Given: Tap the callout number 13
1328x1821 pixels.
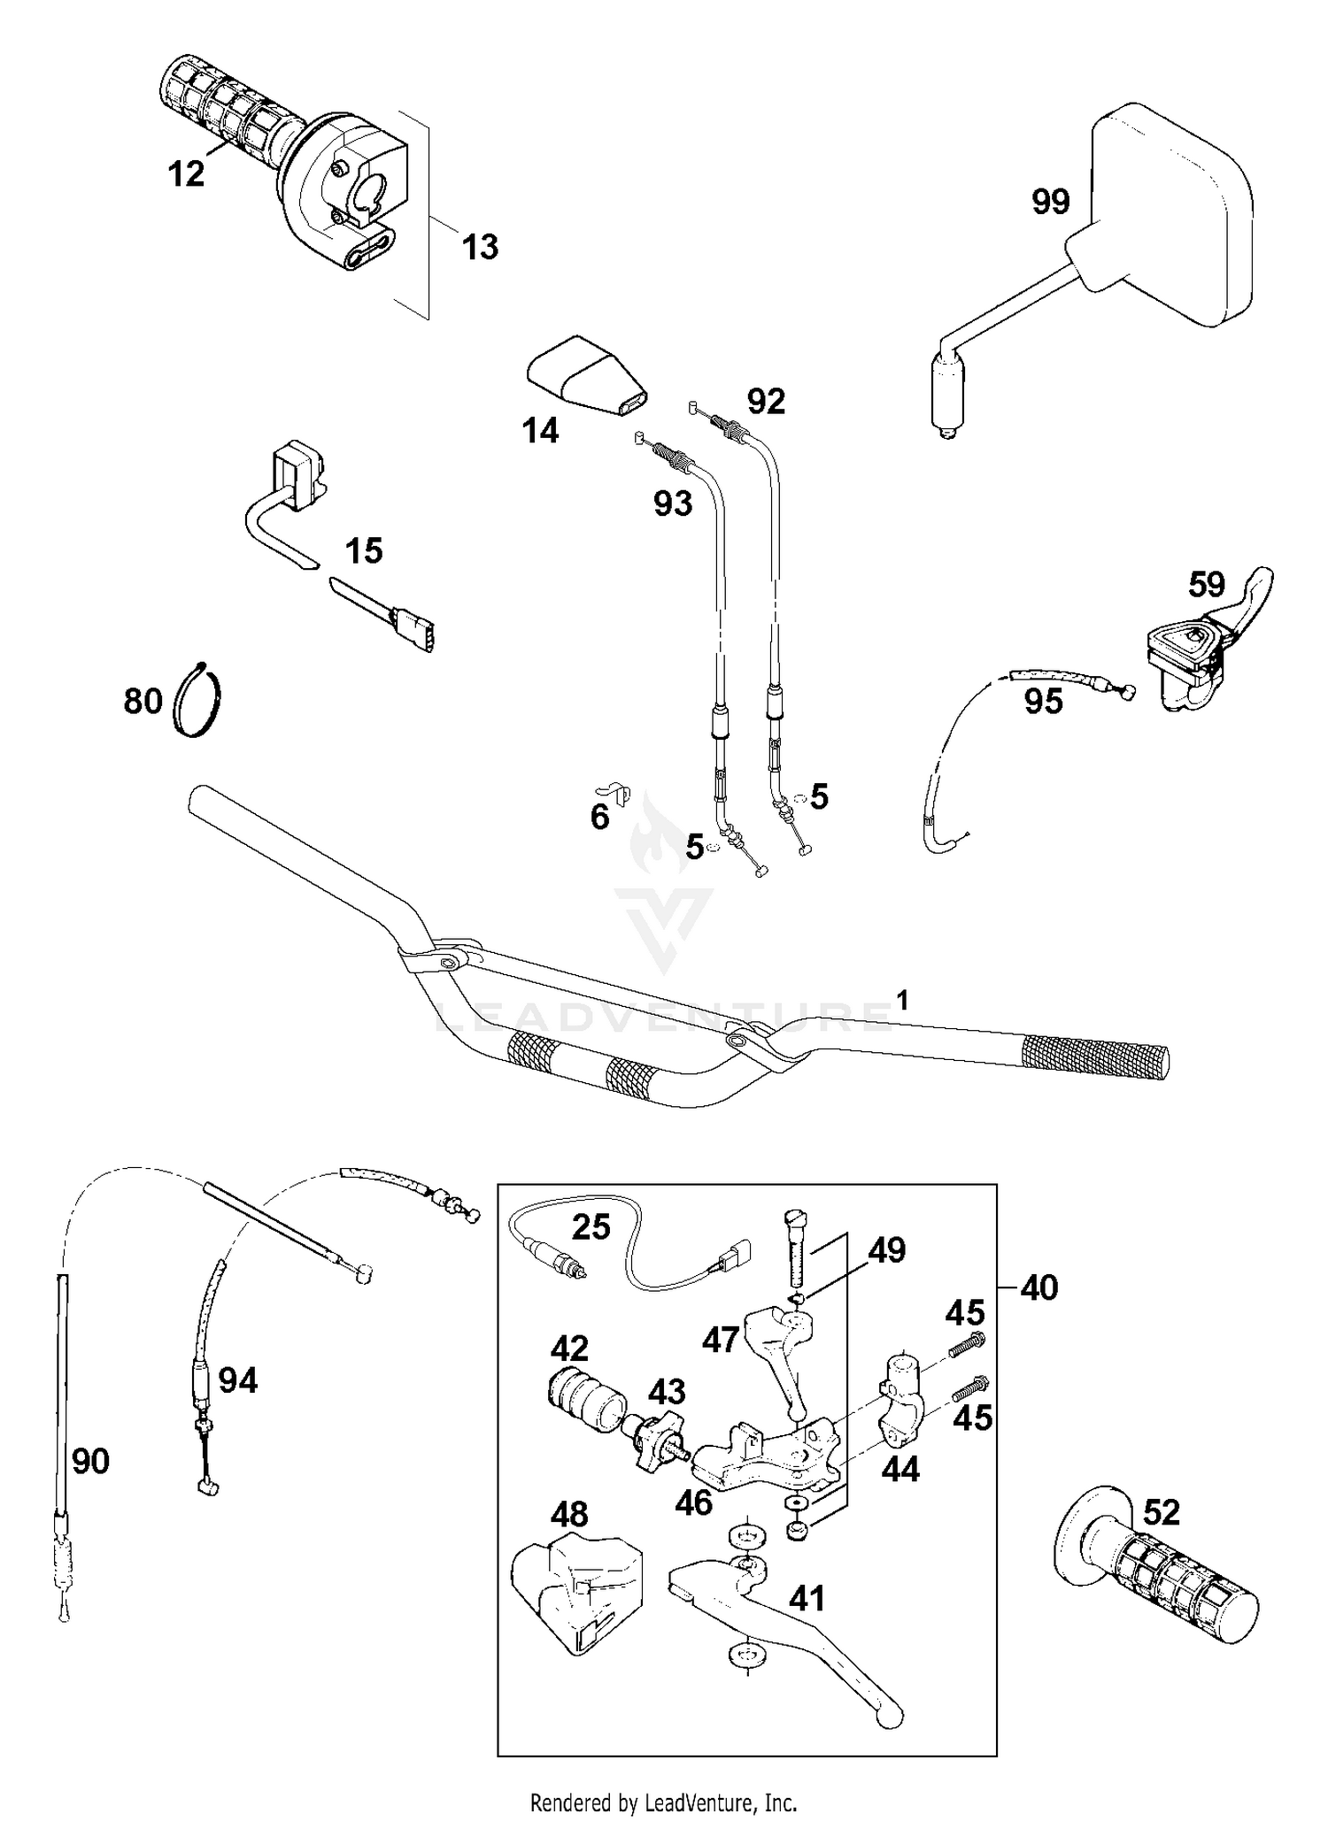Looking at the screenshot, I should [480, 247].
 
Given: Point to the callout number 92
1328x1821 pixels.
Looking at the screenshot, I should [766, 402].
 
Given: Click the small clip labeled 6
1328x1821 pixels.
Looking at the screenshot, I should [614, 790].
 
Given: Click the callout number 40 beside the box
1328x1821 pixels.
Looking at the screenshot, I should [1038, 1287].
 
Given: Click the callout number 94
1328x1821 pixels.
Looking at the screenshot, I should [237, 1379].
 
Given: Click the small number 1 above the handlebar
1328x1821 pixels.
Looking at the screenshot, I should [902, 1001].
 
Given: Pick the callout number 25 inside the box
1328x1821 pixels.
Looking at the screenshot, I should [591, 1227].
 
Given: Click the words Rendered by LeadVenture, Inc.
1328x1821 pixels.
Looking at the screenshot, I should [663, 1802].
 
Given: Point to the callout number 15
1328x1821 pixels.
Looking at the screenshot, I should [363, 550].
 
